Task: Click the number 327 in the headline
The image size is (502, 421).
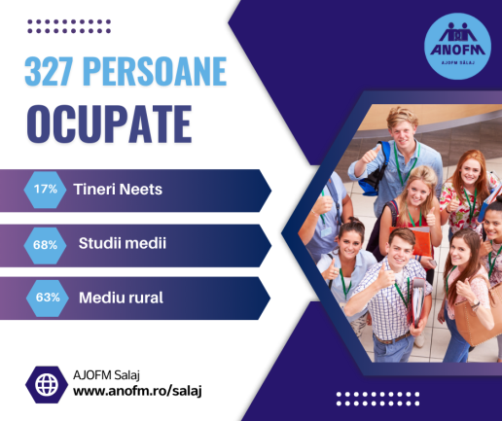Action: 50,71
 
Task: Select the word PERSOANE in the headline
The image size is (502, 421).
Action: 155,71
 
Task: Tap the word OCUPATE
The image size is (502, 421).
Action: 109,123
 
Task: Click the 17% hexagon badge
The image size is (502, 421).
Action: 45,190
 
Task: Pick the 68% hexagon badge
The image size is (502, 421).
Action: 45,245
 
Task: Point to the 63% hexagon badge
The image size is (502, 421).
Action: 48,298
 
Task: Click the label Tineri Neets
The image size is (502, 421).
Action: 118,190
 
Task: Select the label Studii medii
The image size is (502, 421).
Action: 123,243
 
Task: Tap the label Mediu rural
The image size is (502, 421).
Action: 121,298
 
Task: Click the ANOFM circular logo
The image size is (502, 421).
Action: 457,47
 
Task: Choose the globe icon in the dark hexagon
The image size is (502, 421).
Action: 47,385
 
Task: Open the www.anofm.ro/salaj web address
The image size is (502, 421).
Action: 137,391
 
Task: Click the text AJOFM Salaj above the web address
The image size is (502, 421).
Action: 106,375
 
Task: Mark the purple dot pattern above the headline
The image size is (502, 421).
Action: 69,26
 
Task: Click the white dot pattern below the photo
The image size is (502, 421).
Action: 377,399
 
